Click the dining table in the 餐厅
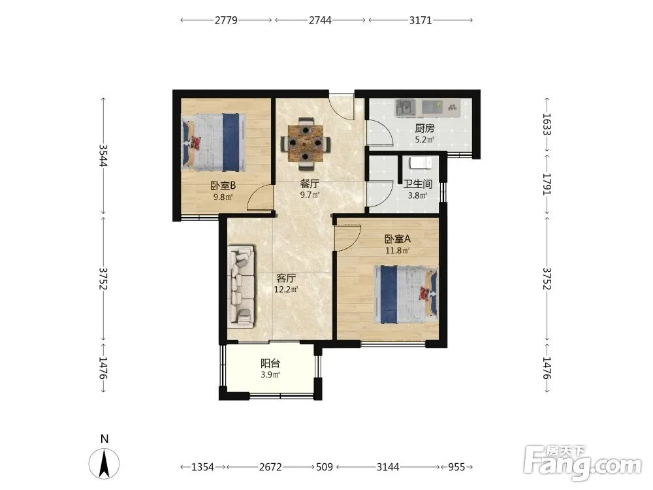pos(306,144)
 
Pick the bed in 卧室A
pos(406,295)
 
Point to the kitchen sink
pos(405,108)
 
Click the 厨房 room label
pos(424,128)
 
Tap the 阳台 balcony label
pos(270,363)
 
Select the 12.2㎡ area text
pos(286,289)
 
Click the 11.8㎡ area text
pos(397,250)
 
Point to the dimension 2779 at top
pos(226,20)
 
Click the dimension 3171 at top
pos(421,20)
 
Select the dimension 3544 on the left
pos(103,155)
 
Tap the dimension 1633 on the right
pos(547,125)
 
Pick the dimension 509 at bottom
pos(325,467)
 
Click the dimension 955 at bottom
pos(456,467)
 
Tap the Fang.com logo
pos(582,463)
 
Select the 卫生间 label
pos(418,184)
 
